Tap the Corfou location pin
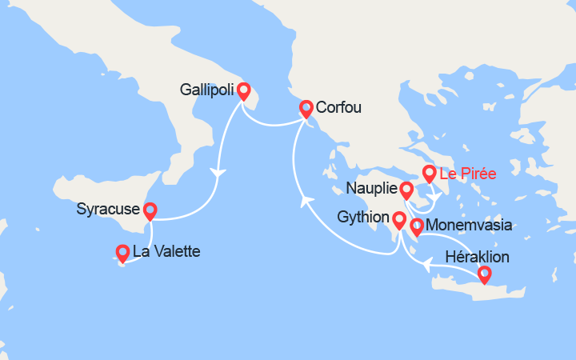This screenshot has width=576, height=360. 306,108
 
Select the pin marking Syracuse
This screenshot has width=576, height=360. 150,210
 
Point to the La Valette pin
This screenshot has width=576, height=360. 122,253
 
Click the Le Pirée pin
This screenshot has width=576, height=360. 429,173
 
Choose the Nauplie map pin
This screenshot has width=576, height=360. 406,190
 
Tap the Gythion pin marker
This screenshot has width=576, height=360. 398,218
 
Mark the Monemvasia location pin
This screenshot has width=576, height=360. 416,227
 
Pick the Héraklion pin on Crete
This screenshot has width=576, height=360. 484,274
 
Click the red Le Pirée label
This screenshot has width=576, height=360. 469,173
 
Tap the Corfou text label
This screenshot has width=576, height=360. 339,106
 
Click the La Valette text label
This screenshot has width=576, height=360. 166,252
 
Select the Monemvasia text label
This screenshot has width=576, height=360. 470,226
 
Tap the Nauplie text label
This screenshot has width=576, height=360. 372,189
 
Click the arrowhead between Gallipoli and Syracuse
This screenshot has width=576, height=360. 216,172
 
